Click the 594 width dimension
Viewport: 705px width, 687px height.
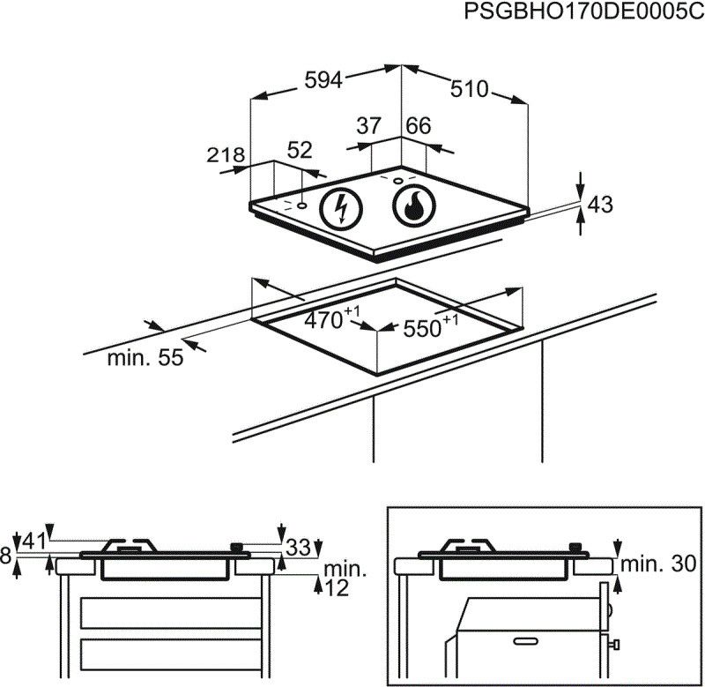(323, 80)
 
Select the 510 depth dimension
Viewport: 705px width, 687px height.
(469, 89)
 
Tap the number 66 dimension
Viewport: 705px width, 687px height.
(418, 127)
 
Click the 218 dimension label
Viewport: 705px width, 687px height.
(225, 156)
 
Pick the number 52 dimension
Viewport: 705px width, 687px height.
(300, 151)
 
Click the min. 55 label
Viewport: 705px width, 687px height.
(145, 358)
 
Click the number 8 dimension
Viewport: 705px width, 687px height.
(7, 556)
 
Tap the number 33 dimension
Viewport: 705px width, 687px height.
(299, 548)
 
